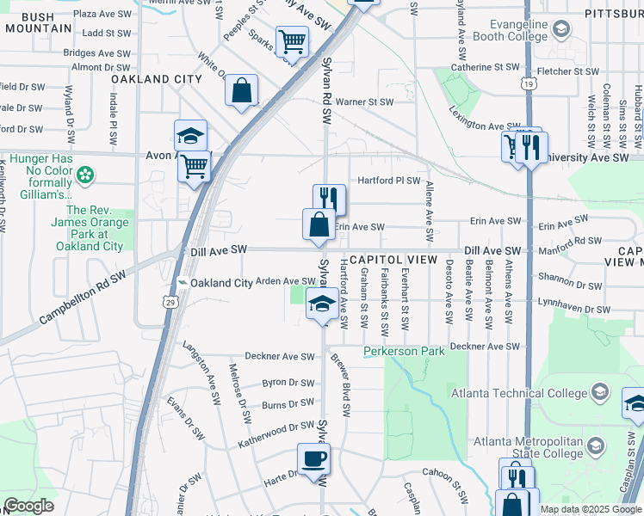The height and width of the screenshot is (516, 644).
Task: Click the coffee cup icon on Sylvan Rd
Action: [313, 458]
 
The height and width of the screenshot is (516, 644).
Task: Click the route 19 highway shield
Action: [527, 83]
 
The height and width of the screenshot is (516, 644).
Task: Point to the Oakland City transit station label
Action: [221, 283]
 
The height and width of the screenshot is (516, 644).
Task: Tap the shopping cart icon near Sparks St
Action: [293, 40]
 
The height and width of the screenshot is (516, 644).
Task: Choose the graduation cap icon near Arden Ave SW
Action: [322, 304]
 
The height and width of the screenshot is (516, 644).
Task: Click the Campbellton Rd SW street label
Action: [82, 298]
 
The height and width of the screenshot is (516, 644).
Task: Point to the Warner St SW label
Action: [363, 101]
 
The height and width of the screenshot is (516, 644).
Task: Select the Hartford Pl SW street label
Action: [388, 181]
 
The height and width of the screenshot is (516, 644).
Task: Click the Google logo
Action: [28, 506]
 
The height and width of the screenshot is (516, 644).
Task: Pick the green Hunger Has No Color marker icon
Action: [84, 176]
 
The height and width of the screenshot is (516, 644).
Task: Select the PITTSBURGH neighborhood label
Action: [613, 15]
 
